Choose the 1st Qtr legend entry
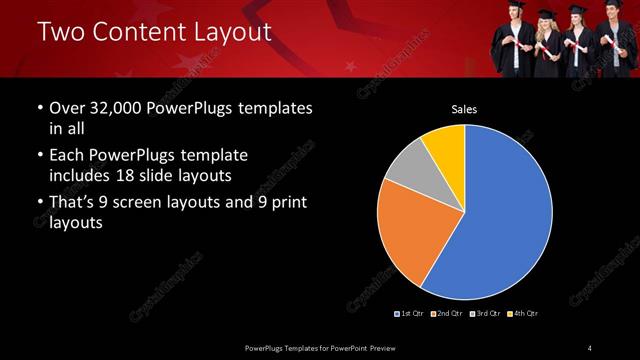pyautogui.click(x=410, y=314)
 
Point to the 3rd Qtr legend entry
pyautogui.click(x=485, y=314)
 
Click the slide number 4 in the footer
pyautogui.click(x=590, y=347)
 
